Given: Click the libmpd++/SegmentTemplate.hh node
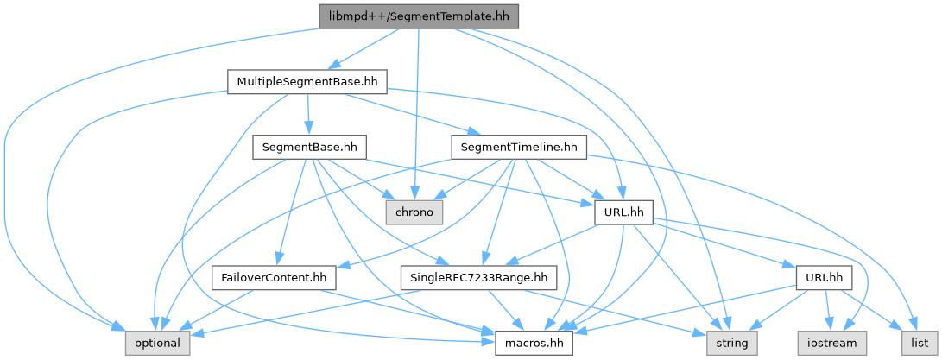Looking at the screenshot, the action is tap(418, 16).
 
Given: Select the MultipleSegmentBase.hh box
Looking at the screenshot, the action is tap(307, 81).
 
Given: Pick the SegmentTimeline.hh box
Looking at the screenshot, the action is tap(518, 148).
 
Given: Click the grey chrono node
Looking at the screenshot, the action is tap(414, 212).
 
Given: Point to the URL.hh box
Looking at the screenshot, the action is tap(623, 212).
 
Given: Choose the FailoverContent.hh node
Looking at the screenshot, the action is tap(275, 278).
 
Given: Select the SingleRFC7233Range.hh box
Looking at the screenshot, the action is tap(479, 278).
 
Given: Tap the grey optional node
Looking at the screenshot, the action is tap(157, 344).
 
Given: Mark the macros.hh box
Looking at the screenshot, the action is tap(534, 344).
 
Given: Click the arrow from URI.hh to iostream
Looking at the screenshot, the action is tap(829, 311).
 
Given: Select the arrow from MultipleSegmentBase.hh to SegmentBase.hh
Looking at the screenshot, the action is tap(307, 114).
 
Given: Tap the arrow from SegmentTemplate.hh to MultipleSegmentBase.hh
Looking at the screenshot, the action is tap(366, 49).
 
